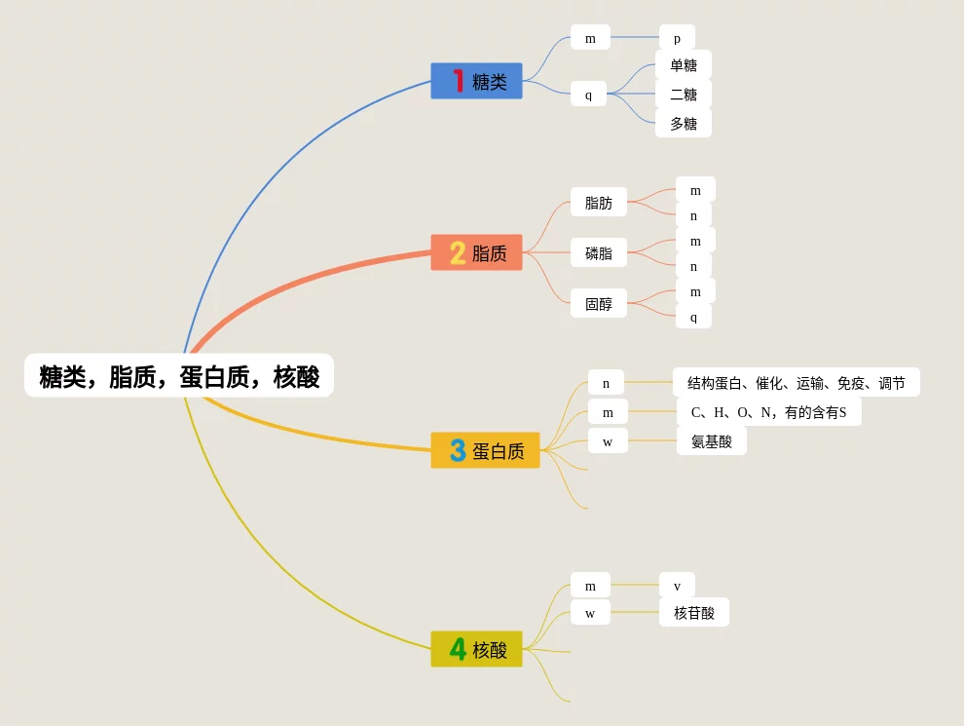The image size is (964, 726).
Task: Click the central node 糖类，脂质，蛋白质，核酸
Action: [x=179, y=376]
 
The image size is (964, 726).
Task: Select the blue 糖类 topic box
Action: [x=476, y=82]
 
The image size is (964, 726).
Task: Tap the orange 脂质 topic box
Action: [x=476, y=253]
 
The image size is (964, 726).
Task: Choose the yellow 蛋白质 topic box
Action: [x=485, y=451]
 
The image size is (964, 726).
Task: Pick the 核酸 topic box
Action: [x=476, y=650]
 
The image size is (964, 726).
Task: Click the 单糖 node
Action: [x=683, y=65]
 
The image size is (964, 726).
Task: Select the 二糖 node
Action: [x=683, y=95]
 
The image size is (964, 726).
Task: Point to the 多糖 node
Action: [x=683, y=124]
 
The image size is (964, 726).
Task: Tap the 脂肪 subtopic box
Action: [x=598, y=203]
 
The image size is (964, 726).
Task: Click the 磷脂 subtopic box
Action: [x=598, y=253]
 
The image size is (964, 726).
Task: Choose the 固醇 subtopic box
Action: [x=598, y=304]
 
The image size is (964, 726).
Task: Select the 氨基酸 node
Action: [x=711, y=441]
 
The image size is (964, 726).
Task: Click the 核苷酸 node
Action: [x=693, y=613]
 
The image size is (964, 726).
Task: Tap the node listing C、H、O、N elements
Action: [x=768, y=412]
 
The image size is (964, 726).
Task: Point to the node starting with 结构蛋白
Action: [x=796, y=383]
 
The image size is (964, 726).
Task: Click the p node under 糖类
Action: [x=677, y=39]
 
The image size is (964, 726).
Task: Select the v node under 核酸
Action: [x=677, y=586]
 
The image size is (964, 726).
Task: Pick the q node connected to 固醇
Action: [x=693, y=317]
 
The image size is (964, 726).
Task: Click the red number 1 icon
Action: [x=458, y=81]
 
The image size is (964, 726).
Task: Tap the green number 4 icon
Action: [x=458, y=649]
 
